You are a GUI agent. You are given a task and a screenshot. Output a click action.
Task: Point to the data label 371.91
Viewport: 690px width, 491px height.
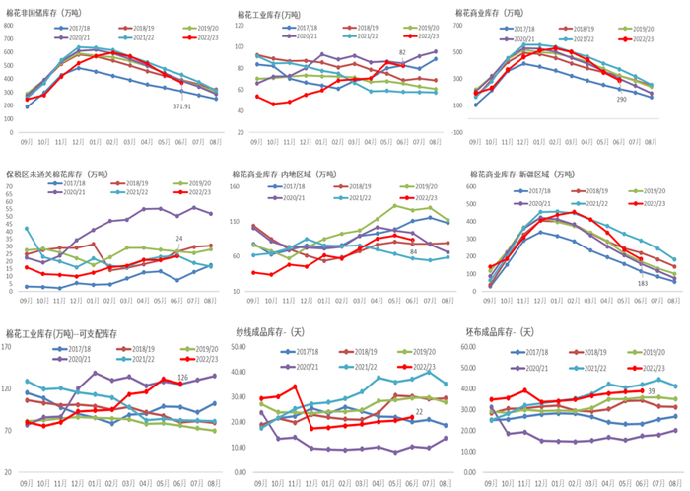point(183,105)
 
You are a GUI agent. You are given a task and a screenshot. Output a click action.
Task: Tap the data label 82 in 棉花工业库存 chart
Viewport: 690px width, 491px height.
point(402,52)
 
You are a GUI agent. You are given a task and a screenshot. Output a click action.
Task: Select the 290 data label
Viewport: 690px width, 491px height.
point(621,100)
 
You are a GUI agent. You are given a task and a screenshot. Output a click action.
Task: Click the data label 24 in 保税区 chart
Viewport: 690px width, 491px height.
point(178,239)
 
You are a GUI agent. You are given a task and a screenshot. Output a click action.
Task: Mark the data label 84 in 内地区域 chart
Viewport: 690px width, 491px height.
point(413,253)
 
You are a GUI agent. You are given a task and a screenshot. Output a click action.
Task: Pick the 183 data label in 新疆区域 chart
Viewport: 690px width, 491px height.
point(642,283)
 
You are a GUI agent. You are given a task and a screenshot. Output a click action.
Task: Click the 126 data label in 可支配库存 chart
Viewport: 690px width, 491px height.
point(182,378)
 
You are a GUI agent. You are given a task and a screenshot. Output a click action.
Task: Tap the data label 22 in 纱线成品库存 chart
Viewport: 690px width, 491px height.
point(420,411)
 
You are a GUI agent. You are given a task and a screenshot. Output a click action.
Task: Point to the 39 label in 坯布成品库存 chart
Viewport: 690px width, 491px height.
point(651,391)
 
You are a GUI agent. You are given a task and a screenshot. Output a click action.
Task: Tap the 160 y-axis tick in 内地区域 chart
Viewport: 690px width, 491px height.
point(241,188)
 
